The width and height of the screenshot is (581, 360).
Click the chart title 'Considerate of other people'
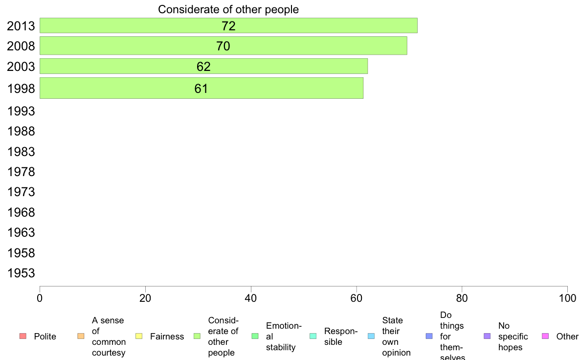tap(228, 9)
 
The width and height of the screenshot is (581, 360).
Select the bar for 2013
tap(228, 25)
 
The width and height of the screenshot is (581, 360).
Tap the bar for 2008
tap(223, 46)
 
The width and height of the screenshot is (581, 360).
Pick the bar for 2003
tap(203, 66)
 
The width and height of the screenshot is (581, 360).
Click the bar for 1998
tap(201, 88)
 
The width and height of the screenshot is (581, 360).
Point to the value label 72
tap(228, 26)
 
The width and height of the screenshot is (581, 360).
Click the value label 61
tap(201, 89)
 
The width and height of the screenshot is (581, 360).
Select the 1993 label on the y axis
tap(22, 111)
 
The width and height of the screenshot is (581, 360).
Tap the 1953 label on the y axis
tap(22, 273)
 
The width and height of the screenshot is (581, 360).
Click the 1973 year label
tap(22, 192)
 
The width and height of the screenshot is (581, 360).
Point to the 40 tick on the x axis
tap(251, 298)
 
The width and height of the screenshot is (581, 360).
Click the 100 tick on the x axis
tap(567, 298)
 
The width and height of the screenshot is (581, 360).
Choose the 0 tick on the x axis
tap(40, 298)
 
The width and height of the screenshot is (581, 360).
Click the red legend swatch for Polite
tap(22, 336)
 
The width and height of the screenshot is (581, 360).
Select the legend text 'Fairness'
tap(167, 337)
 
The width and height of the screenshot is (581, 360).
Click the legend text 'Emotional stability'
tap(284, 337)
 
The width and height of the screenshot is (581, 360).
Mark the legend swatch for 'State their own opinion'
tap(371, 336)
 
